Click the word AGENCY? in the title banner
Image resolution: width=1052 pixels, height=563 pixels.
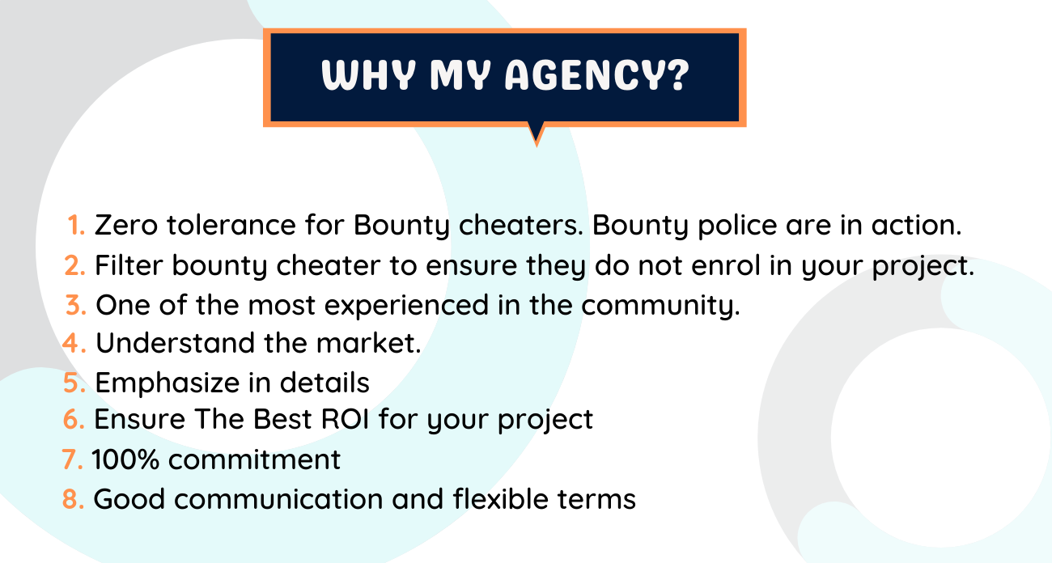(x=596, y=74)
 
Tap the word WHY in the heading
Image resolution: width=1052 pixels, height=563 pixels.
(x=369, y=74)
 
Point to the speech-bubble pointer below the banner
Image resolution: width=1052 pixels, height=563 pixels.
(x=537, y=133)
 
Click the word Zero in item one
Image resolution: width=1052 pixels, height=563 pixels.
(x=126, y=224)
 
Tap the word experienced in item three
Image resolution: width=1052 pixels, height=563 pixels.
(x=407, y=306)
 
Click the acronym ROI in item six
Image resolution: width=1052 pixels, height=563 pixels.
(x=345, y=419)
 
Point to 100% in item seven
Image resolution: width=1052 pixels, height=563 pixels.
(x=125, y=459)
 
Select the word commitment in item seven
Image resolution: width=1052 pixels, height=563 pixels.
(x=254, y=459)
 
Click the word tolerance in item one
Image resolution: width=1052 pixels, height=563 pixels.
(x=231, y=224)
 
